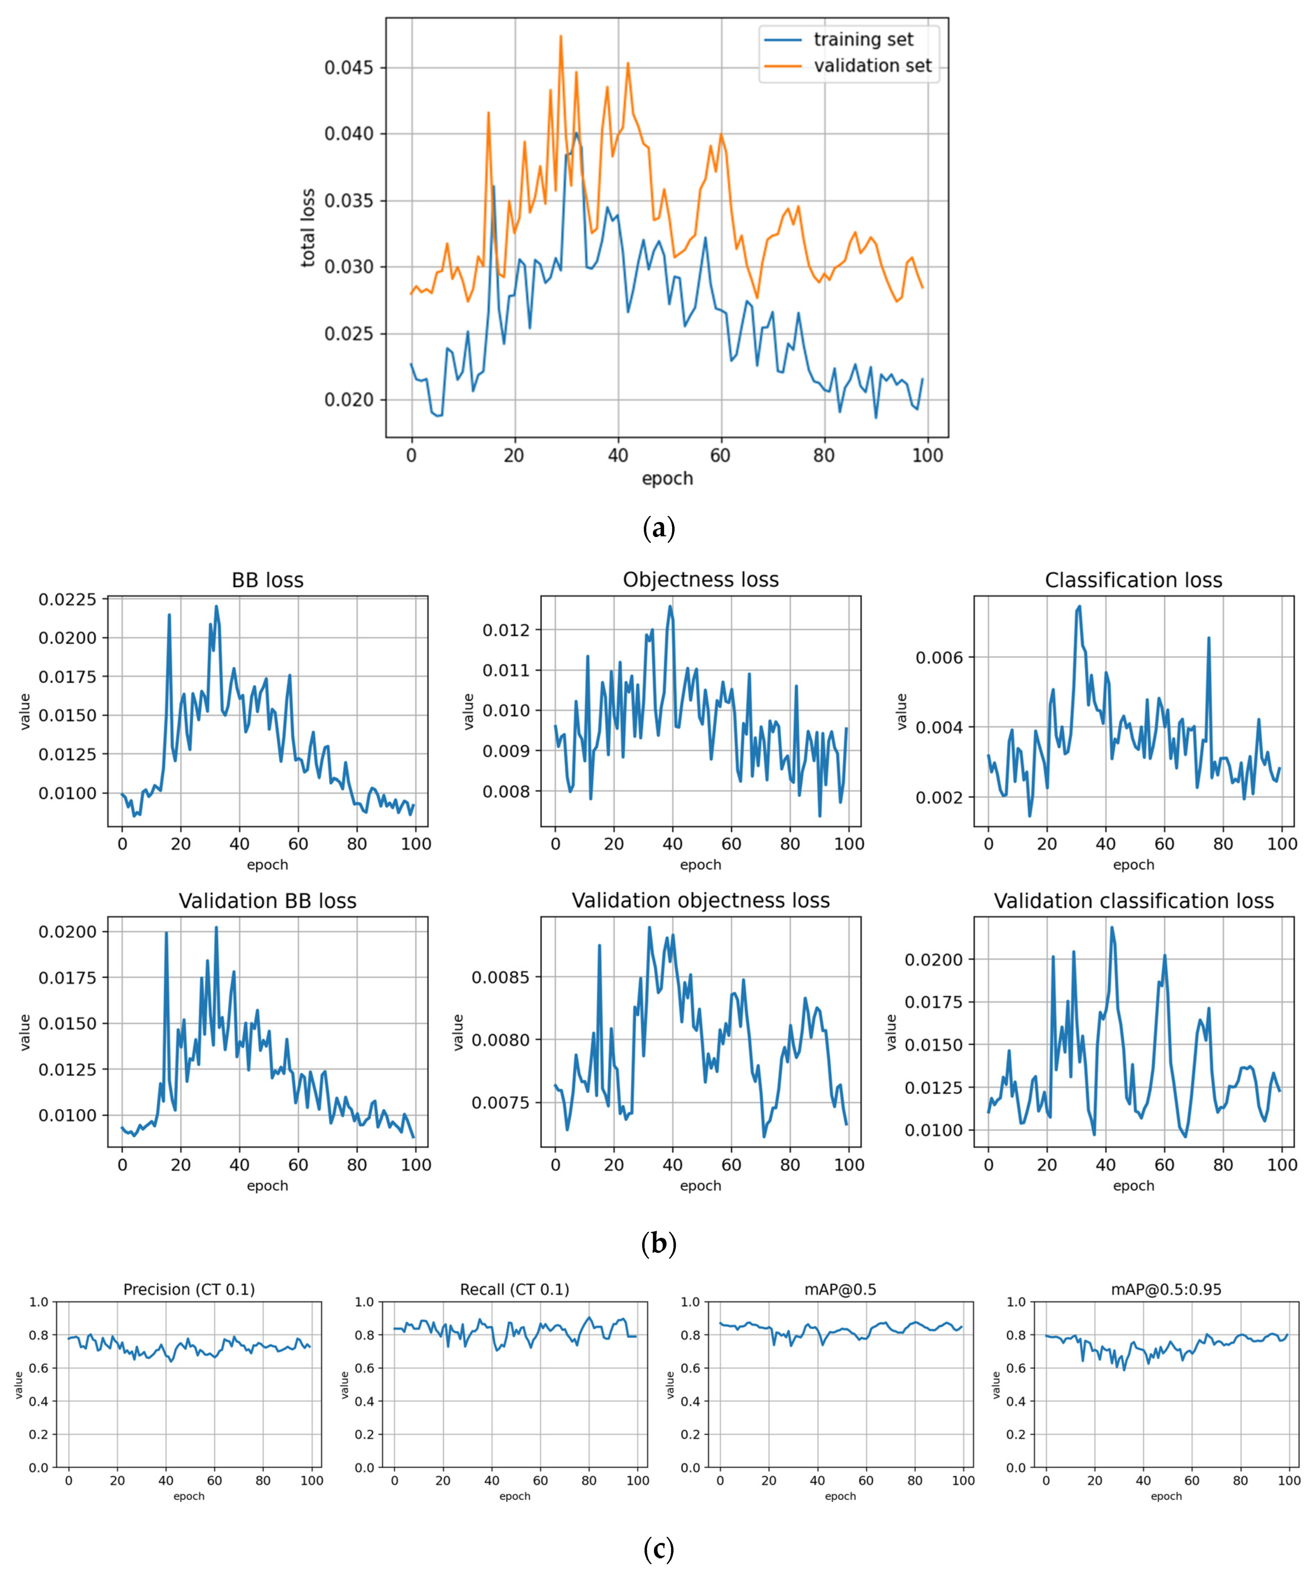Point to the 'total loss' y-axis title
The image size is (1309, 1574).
click(308, 228)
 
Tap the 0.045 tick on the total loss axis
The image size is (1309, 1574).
click(349, 68)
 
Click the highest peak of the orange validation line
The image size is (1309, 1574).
click(561, 36)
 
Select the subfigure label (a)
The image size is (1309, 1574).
click(659, 528)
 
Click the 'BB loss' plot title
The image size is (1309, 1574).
click(267, 580)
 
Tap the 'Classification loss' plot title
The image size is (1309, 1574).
click(1133, 580)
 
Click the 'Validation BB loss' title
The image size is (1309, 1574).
click(267, 901)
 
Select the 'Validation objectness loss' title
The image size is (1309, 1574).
click(701, 901)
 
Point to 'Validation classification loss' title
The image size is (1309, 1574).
click(1133, 901)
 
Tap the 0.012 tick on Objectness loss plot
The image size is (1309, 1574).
click(506, 630)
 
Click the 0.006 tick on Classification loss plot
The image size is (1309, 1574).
click(939, 657)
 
